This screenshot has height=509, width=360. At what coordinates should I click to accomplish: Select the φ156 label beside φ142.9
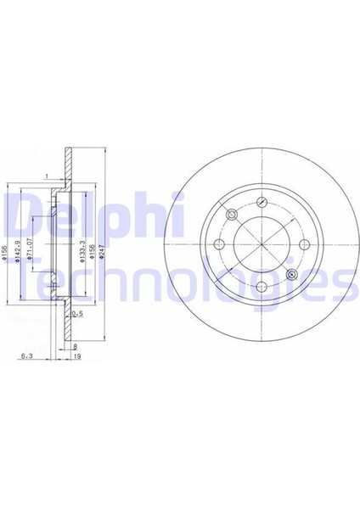(x=7, y=252)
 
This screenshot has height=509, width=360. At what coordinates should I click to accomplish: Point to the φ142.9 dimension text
(x=18, y=251)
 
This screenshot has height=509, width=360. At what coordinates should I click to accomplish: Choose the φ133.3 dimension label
(x=82, y=251)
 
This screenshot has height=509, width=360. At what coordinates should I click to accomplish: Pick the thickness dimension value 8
(x=76, y=346)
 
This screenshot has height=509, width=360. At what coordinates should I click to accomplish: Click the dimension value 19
(x=76, y=358)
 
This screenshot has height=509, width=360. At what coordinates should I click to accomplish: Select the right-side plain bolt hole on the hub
(x=304, y=243)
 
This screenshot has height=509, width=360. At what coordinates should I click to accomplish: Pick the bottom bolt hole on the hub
(x=262, y=286)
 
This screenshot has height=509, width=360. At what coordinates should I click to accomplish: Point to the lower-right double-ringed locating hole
(x=294, y=273)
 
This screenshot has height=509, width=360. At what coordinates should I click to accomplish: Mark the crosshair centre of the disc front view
(x=262, y=244)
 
